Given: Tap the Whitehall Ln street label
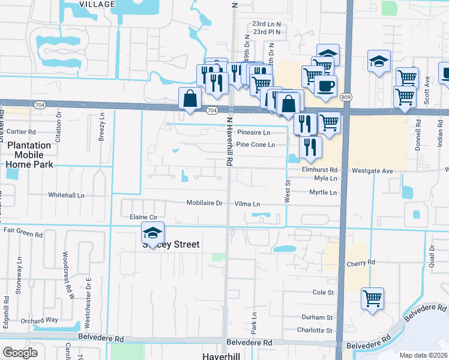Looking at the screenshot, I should [66, 196].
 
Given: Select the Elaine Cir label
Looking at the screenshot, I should [143, 217].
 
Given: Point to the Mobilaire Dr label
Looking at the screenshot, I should [205, 203].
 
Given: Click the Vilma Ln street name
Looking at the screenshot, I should [247, 204].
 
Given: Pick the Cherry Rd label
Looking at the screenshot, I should [360, 263].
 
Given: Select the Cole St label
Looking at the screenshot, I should [323, 292].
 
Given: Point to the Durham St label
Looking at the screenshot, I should [317, 317].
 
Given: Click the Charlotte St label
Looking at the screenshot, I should [315, 330].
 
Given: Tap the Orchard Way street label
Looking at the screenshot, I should [39, 320].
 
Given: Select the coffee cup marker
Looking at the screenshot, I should [325, 86].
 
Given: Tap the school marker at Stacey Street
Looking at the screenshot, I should [152, 233].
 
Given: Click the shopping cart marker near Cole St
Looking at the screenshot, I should [372, 298].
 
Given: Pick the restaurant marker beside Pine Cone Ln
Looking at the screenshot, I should [310, 148].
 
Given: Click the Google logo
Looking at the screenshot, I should [20, 353].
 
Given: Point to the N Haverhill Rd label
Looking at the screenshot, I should [229, 143].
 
